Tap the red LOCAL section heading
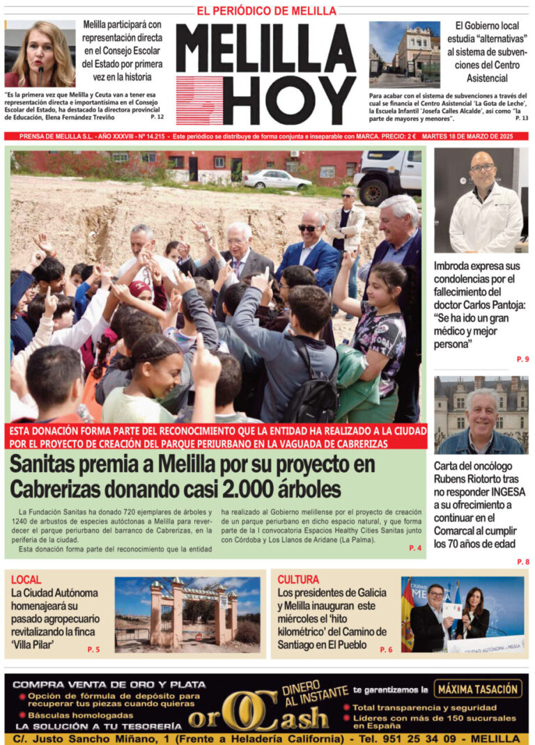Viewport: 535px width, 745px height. point(26,579)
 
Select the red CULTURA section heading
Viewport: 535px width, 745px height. point(298,579)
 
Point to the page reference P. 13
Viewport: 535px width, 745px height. point(521,118)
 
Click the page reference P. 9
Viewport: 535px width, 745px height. point(522,359)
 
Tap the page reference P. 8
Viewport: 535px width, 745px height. point(522,561)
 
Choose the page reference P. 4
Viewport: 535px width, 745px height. point(415,548)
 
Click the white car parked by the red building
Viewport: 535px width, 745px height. point(277,180)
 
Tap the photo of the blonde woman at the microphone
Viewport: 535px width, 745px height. point(40,54)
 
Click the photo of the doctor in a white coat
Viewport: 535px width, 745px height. point(481,201)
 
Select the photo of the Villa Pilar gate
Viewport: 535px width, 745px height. point(187,613)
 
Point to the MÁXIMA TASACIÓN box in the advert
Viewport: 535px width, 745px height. point(478,689)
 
